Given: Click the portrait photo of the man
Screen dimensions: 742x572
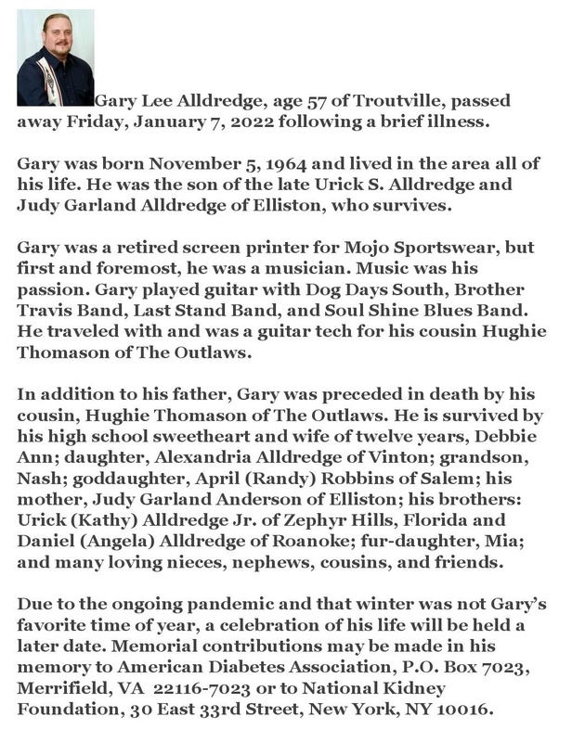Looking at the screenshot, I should [55, 58].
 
